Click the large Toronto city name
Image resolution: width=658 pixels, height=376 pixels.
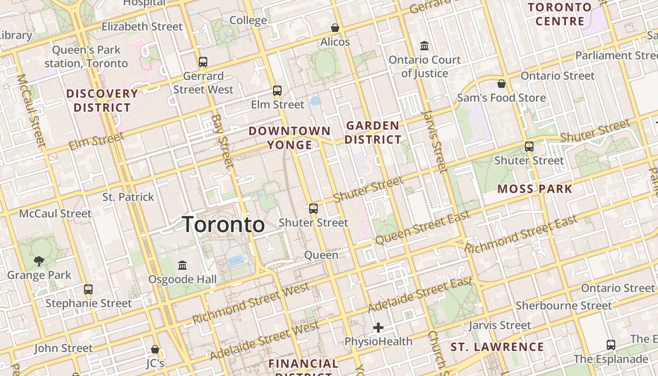223,224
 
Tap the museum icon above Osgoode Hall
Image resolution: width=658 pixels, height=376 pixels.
182,266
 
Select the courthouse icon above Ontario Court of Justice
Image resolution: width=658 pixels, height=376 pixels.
424,46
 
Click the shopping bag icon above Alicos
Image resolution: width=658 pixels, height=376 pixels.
335,28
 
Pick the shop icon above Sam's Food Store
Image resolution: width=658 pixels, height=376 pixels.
501,84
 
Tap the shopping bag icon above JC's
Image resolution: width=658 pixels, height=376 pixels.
155,349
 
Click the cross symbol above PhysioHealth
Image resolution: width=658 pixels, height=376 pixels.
378,327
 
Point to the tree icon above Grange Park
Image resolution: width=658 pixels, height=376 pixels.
39,261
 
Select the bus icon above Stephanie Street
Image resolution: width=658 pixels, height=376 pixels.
88,290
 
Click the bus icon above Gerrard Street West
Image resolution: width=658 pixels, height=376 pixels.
203,62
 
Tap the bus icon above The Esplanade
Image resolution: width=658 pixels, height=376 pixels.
611,345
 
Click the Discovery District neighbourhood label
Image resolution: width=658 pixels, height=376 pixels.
102,101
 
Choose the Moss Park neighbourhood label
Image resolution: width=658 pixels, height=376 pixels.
535,189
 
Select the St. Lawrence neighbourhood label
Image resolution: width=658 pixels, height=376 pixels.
497,347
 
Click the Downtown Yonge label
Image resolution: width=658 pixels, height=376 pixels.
290,138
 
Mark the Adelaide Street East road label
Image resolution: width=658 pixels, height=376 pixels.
420,295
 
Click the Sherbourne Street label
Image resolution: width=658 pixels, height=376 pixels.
564,306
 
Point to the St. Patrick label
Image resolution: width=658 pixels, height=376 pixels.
128,197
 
